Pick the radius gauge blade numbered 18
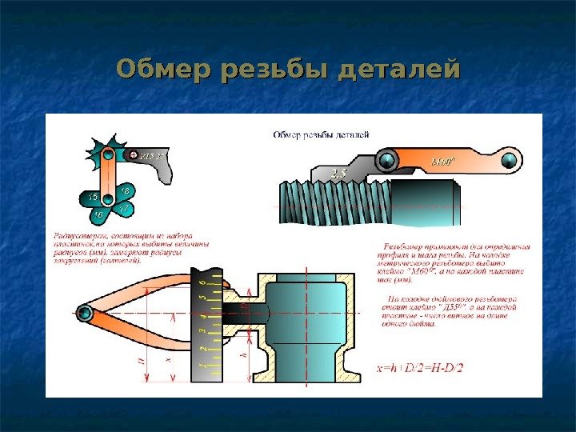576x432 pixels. [126, 191]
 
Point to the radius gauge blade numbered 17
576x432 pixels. [123, 209]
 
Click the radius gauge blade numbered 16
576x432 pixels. [98, 214]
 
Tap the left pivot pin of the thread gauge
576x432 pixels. [388, 161]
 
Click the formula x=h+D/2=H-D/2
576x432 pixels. [420, 369]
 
